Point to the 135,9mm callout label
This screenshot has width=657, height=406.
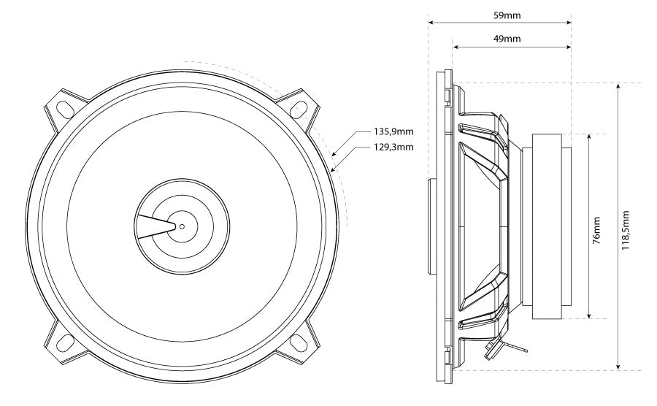tap(393, 132)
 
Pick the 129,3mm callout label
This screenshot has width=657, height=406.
tap(393, 147)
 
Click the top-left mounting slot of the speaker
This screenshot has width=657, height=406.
tap(64, 108)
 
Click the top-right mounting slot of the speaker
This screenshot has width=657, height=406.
tap(299, 108)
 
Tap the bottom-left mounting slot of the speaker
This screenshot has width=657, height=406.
tap(64, 341)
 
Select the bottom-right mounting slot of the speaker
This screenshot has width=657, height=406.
tap(299, 341)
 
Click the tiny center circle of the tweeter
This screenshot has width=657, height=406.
tap(182, 226)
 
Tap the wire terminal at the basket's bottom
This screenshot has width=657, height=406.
tap(493, 347)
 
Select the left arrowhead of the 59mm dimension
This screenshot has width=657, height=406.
tap(431, 23)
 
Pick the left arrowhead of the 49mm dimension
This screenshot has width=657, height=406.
tap(456, 47)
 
